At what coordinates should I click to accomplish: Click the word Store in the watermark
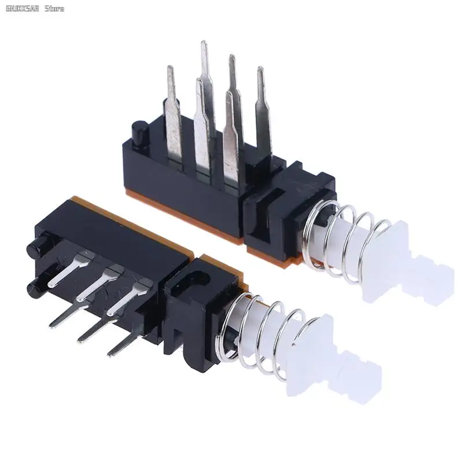coord(54,8)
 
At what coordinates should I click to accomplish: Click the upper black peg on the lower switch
coord(36,247)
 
